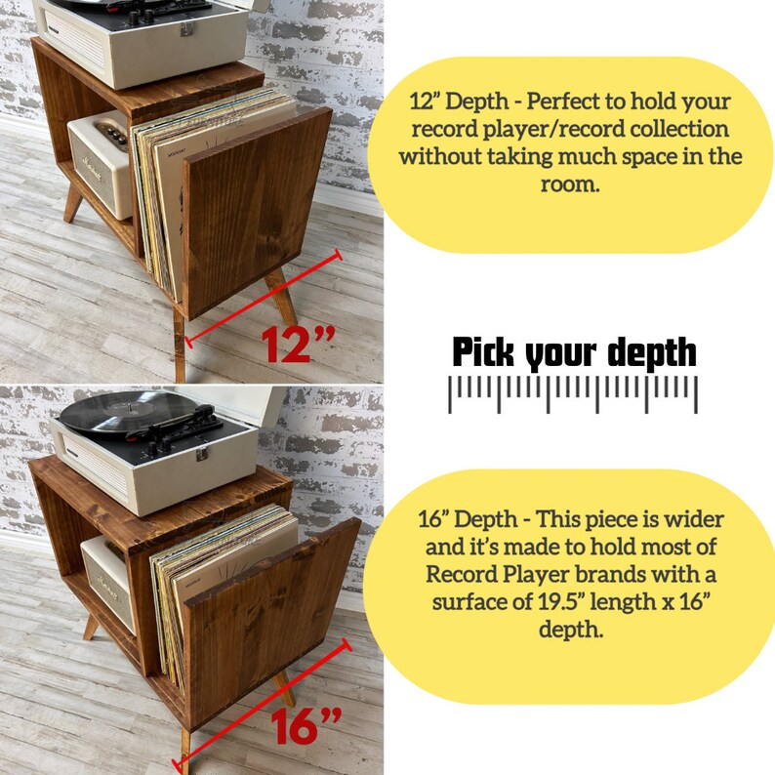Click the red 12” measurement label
tap(298, 345)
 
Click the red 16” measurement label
tap(306, 726)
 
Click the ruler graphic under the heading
tap(572, 393)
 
